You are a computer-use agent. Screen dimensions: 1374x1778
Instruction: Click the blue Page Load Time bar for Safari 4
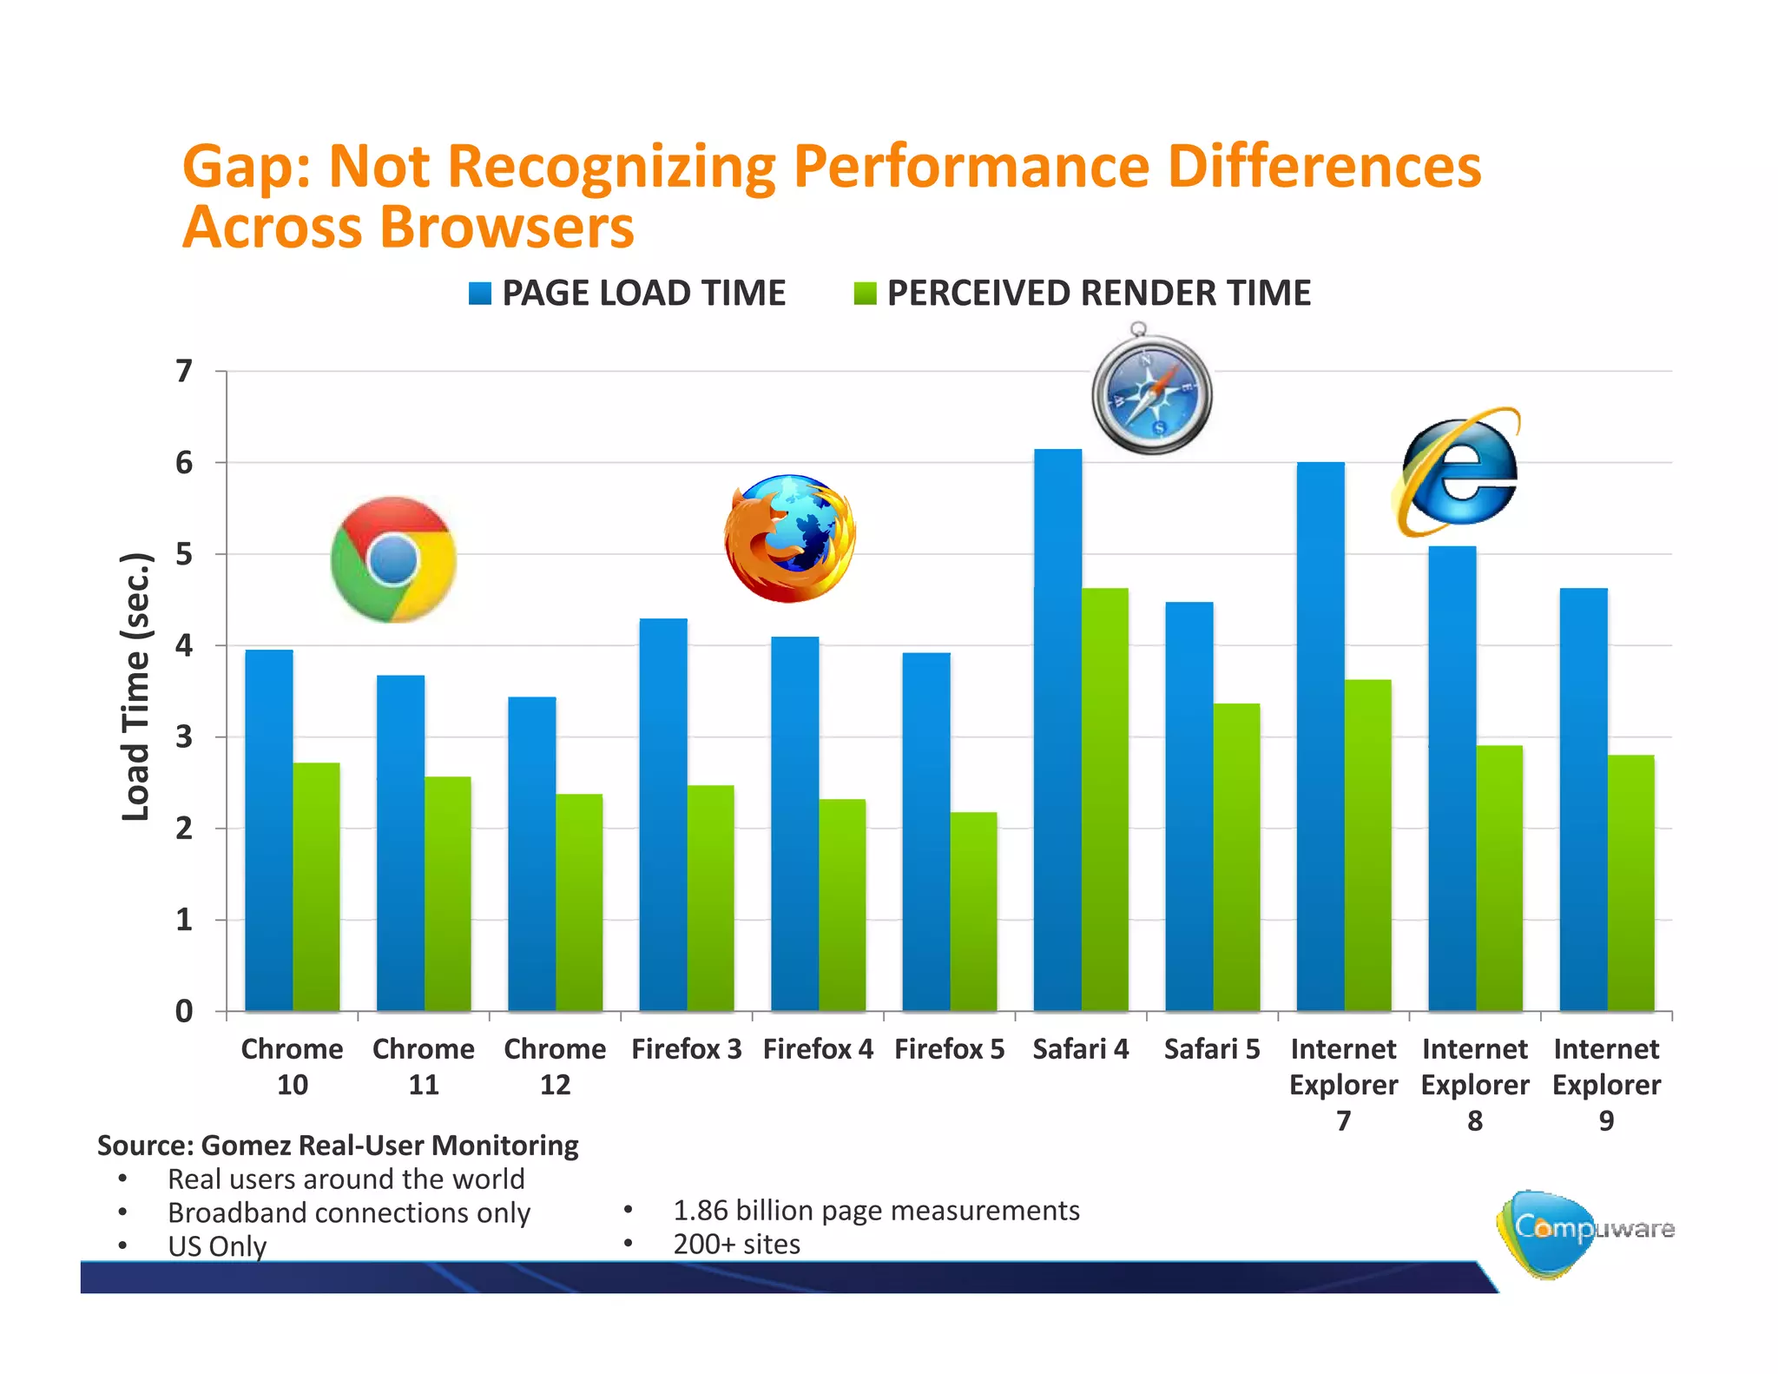pos(1057,730)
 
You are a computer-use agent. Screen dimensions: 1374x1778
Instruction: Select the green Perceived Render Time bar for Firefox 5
pos(973,912)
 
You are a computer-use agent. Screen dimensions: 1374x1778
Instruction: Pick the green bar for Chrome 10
pos(316,887)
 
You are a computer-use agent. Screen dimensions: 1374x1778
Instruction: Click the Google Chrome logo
pos(393,559)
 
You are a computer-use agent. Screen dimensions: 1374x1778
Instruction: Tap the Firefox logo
pos(790,538)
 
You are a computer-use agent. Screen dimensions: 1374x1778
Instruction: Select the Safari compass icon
pos(1151,391)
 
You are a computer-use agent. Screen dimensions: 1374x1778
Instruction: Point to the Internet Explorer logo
pos(1459,472)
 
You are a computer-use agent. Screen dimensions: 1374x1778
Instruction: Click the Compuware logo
pos(1585,1232)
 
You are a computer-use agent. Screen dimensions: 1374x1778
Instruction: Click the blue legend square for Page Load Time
pos(479,294)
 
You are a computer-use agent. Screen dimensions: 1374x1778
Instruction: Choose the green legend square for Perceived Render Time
pos(865,294)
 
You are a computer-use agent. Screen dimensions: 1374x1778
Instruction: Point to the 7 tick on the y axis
pos(184,372)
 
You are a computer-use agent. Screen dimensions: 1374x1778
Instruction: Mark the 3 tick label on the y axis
pos(184,737)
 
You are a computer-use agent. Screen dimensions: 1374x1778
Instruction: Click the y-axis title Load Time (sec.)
pos(136,686)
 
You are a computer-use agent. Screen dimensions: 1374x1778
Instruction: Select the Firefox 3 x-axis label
pos(686,1049)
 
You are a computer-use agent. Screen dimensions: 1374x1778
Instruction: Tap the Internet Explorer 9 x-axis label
pos(1606,1084)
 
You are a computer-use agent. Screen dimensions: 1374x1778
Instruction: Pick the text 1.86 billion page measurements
pos(876,1210)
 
